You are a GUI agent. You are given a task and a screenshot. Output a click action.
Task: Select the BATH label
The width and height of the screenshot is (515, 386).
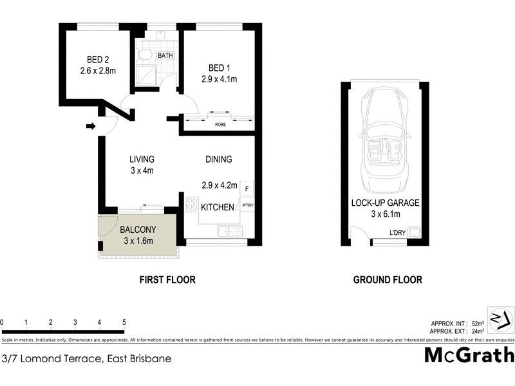pos(165,56)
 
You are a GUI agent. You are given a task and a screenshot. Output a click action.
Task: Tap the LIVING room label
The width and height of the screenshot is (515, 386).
pos(142,160)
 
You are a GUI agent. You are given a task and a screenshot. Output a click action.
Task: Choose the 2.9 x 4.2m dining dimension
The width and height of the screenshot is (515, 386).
pos(219,185)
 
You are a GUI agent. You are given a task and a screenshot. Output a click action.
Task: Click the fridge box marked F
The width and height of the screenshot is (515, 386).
pos(248,188)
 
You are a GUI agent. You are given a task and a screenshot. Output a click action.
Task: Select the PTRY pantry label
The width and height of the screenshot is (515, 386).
pos(248,205)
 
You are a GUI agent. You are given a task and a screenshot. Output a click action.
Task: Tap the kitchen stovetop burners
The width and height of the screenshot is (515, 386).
pos(191,204)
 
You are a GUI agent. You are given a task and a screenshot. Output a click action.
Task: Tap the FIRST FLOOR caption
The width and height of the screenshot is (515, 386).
pos(167,280)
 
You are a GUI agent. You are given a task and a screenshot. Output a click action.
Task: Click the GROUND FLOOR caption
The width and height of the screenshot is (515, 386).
pos(388,280)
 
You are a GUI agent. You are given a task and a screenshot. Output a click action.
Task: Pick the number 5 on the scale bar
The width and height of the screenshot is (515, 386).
pos(124,322)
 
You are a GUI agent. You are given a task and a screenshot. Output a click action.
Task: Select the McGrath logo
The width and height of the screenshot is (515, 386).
pos(469,355)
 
